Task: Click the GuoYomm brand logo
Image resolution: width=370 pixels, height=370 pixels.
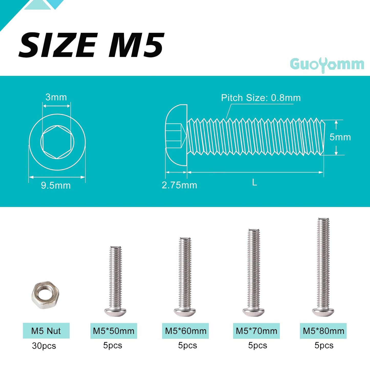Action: click(x=327, y=65)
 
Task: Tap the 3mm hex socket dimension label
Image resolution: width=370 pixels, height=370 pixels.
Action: click(x=56, y=97)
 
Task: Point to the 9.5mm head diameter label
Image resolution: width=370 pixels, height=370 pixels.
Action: click(x=56, y=185)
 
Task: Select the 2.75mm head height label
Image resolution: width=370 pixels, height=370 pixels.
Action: click(x=179, y=185)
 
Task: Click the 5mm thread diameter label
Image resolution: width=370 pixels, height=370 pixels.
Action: click(x=340, y=137)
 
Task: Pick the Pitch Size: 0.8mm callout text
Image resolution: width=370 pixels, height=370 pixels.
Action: click(x=261, y=98)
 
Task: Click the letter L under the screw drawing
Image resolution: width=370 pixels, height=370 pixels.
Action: click(x=255, y=183)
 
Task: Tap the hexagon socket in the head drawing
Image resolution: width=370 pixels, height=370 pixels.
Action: click(x=57, y=142)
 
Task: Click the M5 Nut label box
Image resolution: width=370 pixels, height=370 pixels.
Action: click(x=46, y=331)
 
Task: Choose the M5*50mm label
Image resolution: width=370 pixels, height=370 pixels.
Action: click(x=114, y=331)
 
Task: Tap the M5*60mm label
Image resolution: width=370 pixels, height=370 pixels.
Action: click(x=186, y=331)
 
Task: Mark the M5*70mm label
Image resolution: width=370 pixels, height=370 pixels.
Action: click(x=256, y=331)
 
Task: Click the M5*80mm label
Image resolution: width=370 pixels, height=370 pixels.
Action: click(x=323, y=331)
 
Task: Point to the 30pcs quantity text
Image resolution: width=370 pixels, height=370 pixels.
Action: click(x=44, y=346)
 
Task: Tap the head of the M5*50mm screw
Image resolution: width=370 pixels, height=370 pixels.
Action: click(x=115, y=312)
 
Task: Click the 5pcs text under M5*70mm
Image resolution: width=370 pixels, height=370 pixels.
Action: click(x=257, y=345)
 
